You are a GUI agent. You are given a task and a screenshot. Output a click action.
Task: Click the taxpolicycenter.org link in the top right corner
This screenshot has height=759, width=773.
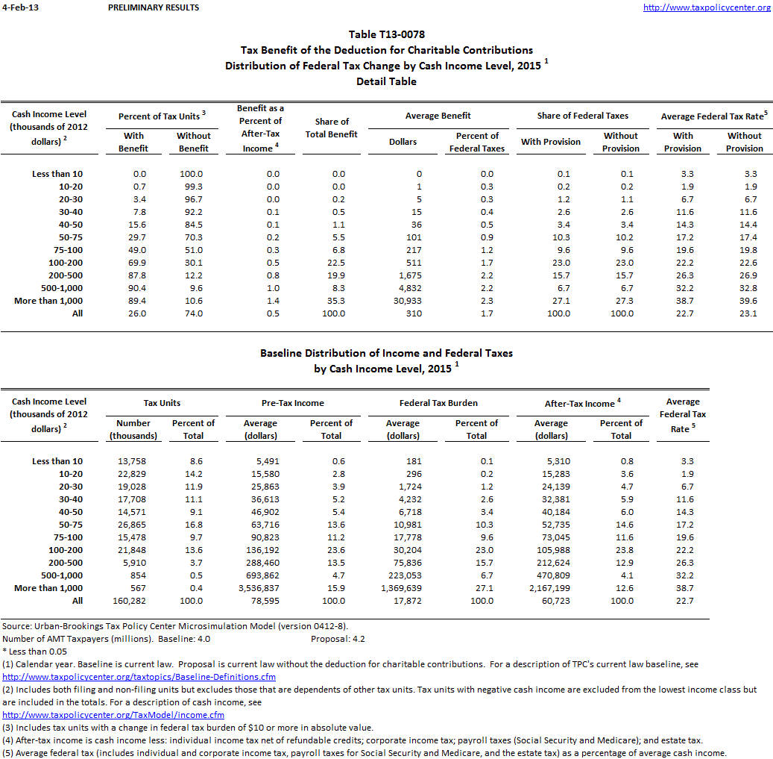[x=706, y=7]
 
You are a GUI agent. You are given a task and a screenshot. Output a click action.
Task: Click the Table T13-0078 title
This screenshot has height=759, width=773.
[x=386, y=34]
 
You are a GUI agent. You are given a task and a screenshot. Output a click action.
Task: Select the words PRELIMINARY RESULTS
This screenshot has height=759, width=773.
[x=154, y=7]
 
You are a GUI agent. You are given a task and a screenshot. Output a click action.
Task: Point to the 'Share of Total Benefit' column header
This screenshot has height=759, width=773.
[x=332, y=128]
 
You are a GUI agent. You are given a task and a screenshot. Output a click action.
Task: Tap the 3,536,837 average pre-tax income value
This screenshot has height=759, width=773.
[x=259, y=588]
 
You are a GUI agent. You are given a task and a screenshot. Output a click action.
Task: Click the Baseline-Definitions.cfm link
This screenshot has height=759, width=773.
[x=139, y=677]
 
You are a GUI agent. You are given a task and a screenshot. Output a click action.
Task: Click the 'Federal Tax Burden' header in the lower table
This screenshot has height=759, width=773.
[x=438, y=403]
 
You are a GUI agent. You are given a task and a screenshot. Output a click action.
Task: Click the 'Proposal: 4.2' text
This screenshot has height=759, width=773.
[x=338, y=639]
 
